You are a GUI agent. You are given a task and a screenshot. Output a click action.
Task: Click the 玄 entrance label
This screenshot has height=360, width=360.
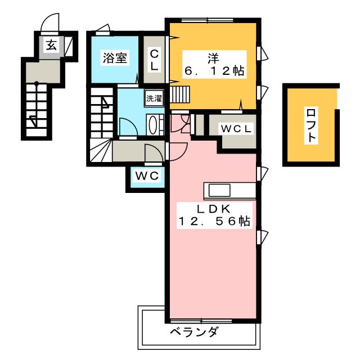pos(51,45)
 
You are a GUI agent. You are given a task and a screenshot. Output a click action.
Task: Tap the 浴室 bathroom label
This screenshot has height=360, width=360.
pos(115,57)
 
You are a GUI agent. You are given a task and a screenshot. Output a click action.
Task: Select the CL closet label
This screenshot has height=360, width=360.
pos(154,60)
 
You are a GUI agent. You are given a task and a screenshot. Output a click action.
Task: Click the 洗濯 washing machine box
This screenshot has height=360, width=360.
pos(154,98)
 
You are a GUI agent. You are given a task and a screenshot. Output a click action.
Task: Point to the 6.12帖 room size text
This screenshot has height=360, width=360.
pos(214,71)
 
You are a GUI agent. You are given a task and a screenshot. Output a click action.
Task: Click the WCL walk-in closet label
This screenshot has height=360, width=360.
pos(236,129)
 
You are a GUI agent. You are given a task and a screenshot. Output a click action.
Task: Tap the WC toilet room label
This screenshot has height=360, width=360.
pos(147,176)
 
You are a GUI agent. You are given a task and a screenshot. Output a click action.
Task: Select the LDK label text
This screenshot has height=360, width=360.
pos(213,209)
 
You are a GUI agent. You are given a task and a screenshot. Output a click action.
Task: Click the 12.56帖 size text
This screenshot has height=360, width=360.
pos(214,221)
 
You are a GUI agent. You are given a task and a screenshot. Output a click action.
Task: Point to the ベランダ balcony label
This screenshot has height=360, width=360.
pos(193,332)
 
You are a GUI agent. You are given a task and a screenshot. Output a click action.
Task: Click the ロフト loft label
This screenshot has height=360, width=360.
pos(311,125)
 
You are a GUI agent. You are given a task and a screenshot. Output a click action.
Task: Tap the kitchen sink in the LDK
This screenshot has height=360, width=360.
pos(219,191)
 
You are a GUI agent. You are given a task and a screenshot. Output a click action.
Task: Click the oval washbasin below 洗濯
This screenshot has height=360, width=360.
pos(152,125)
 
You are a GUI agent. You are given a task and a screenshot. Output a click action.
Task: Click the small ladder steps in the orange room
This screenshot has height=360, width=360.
pos(180,94)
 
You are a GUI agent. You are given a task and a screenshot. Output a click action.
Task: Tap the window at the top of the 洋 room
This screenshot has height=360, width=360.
pos(208,20)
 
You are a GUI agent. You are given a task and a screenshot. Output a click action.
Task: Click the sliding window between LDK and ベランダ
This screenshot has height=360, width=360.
pos(201,321)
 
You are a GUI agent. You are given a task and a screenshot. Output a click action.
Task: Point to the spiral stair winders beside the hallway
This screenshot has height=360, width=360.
pos(101,150)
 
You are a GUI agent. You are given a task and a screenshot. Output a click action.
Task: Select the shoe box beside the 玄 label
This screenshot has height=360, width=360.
pos(69,46)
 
